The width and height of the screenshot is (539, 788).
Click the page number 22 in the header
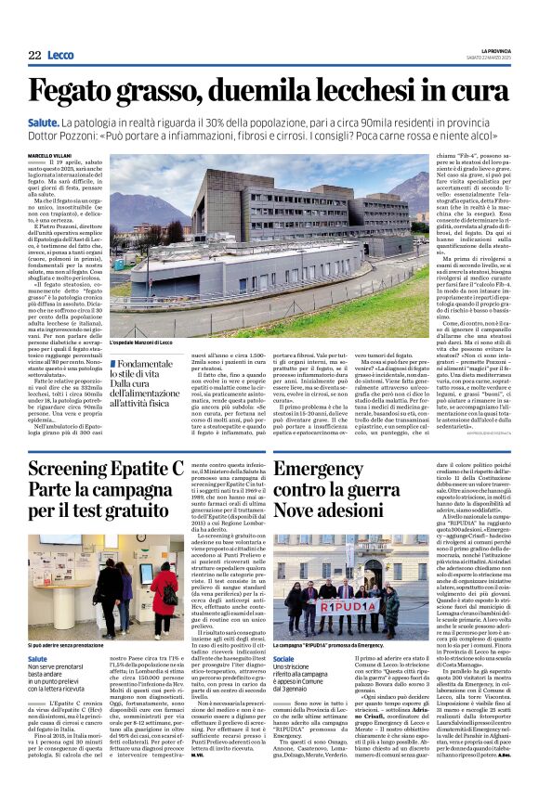(35, 55)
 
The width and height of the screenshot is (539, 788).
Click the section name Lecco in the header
(60, 55)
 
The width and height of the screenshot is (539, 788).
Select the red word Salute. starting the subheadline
(43, 122)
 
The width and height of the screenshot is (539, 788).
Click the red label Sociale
(287, 657)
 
